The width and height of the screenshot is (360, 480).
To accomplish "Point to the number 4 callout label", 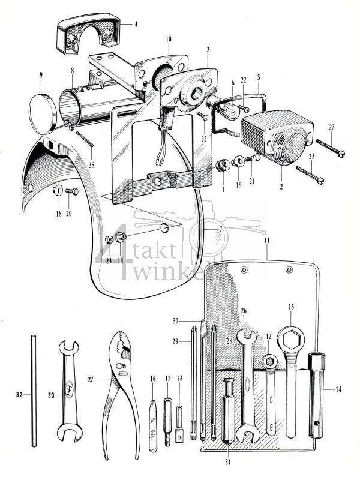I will (136, 25).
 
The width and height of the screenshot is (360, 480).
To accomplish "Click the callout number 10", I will (169, 39).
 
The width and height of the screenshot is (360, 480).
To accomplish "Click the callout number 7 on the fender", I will (220, 230).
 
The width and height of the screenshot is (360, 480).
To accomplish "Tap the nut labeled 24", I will (109, 239).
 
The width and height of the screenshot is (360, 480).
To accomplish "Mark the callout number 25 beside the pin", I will (91, 164).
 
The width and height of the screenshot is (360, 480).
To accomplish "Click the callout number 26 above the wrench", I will (244, 311).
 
